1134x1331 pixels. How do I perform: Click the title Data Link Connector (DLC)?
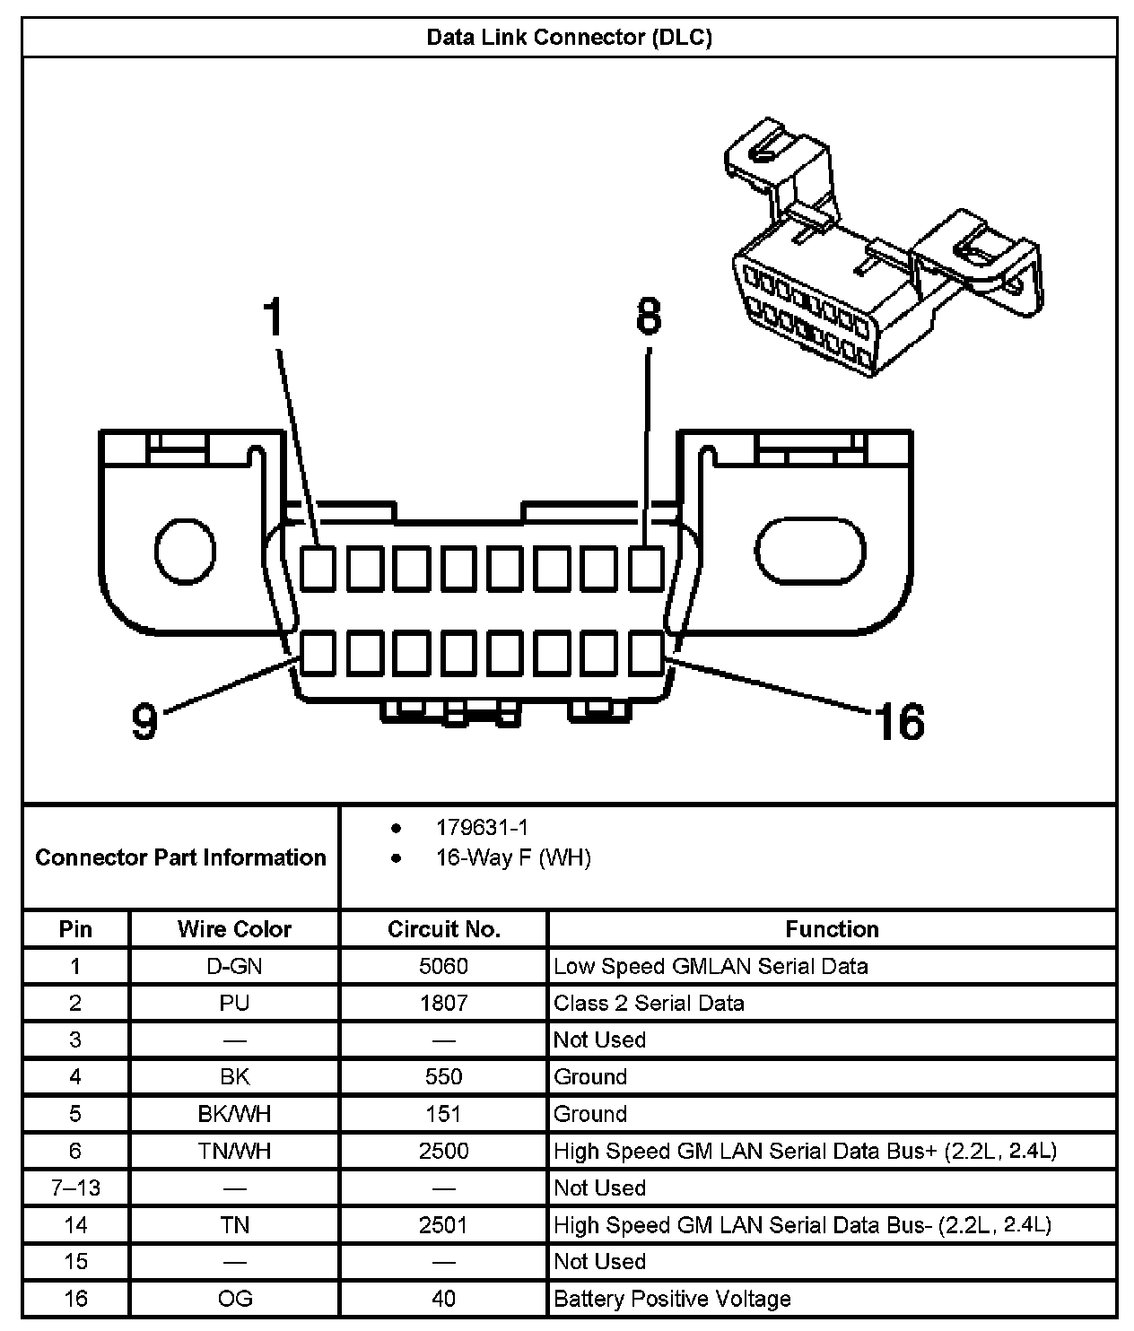tap(569, 38)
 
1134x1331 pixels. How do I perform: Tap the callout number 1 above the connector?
tap(274, 318)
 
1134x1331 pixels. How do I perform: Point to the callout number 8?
tap(649, 317)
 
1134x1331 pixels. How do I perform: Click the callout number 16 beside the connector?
tap(900, 722)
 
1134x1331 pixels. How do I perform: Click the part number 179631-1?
tap(483, 827)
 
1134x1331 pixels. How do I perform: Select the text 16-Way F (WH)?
tap(513, 858)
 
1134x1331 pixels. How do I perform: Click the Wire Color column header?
tap(234, 929)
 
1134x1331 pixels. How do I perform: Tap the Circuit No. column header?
tap(444, 929)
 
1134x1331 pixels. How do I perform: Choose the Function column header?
tap(832, 929)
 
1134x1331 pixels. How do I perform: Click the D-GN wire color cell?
tap(234, 966)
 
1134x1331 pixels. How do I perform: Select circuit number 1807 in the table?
tap(444, 1003)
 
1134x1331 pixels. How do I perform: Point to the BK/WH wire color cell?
tap(234, 1114)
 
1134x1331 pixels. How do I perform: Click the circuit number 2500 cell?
tap(444, 1151)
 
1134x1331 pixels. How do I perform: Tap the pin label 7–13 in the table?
tap(76, 1188)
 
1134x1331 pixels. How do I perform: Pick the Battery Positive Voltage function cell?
tap(673, 1299)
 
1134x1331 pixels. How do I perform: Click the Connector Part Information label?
tap(180, 857)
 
